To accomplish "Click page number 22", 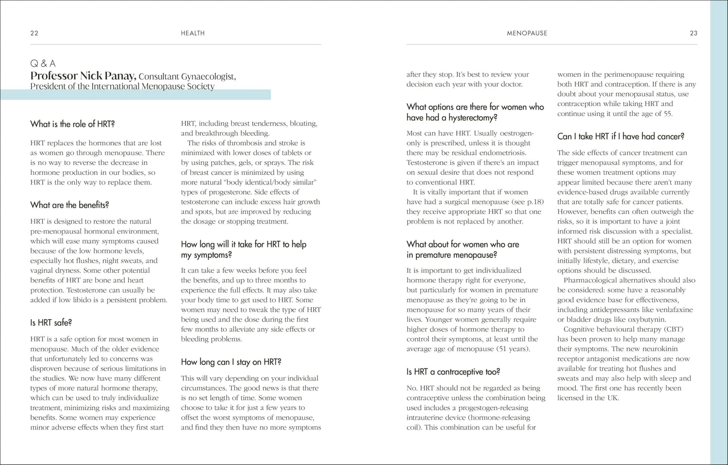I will pyautogui.click(x=34, y=33).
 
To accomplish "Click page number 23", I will pyautogui.click(x=694, y=33).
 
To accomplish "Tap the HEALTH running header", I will pyautogui.click(x=193, y=33).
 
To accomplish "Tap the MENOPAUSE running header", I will pyautogui.click(x=527, y=33).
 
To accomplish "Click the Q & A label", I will pyautogui.click(x=43, y=64).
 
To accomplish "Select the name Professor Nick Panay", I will pyautogui.click(x=83, y=76).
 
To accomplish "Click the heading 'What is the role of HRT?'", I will pyautogui.click(x=72, y=124).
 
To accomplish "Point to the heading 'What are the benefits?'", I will pyautogui.click(x=69, y=205).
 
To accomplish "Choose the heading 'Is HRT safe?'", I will pyautogui.click(x=51, y=323).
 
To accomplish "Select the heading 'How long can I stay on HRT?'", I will pyautogui.click(x=231, y=362).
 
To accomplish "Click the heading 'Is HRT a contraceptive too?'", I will pyautogui.click(x=453, y=372).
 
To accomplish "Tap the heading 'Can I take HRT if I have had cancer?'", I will pyautogui.click(x=620, y=136).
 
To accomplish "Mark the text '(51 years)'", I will pyautogui.click(x=513, y=349).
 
